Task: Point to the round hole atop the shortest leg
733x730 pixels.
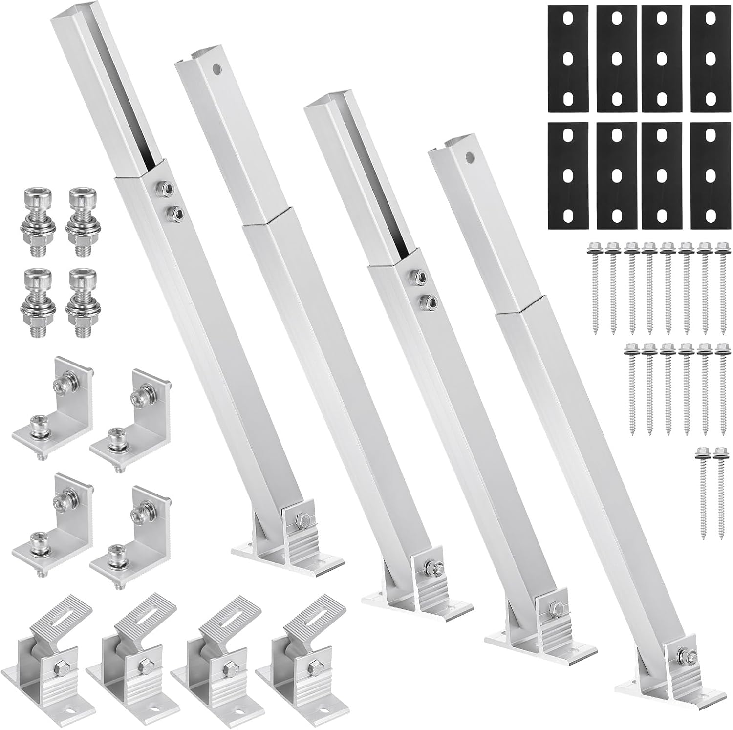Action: point(470,158)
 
